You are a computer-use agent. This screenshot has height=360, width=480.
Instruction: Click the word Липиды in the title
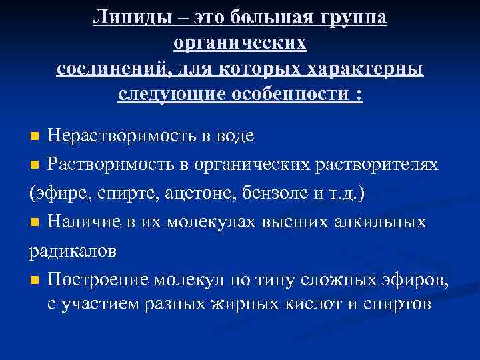pyautogui.click(x=126, y=18)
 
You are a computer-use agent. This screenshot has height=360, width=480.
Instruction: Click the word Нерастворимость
pyautogui.click(x=127, y=136)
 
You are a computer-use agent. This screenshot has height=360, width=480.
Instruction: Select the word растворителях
pyautogui.click(x=377, y=164)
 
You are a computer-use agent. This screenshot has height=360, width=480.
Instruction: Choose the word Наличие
pyautogui.click(x=79, y=221)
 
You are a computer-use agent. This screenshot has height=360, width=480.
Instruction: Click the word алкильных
pyautogui.click(x=380, y=221)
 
